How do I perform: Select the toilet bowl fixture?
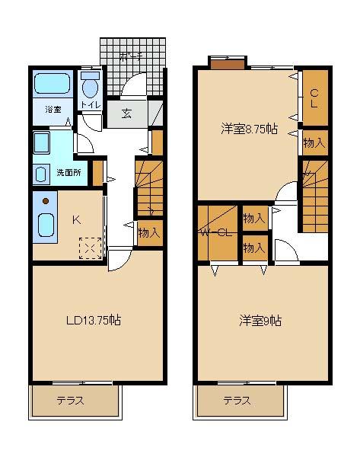pyautogui.click(x=90, y=85)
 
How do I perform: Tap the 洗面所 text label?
pyautogui.click(x=68, y=173)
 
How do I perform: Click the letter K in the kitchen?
pyautogui.click(x=76, y=220)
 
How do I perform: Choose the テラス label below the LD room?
pyautogui.click(x=68, y=401)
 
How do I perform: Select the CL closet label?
pyautogui.click(x=314, y=98)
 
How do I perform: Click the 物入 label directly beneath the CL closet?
pyautogui.click(x=314, y=142)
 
